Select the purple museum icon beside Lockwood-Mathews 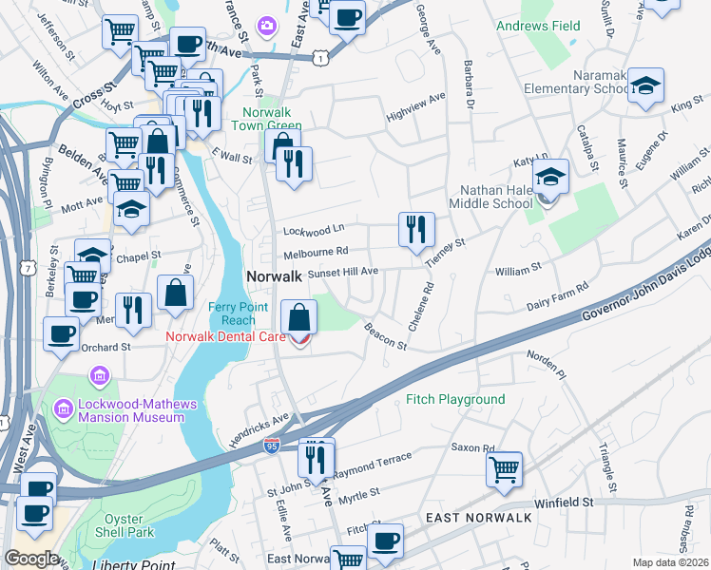pyautogui.click(x=65, y=409)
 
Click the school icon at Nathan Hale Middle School pyautogui.click(x=549, y=177)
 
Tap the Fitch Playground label pyautogui.click(x=455, y=400)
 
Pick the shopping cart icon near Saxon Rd pyautogui.click(x=504, y=468)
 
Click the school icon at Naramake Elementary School pyautogui.click(x=645, y=85)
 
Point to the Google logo pyautogui.click(x=31, y=559)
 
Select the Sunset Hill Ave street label pyautogui.click(x=343, y=272)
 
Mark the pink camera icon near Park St pyautogui.click(x=268, y=23)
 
